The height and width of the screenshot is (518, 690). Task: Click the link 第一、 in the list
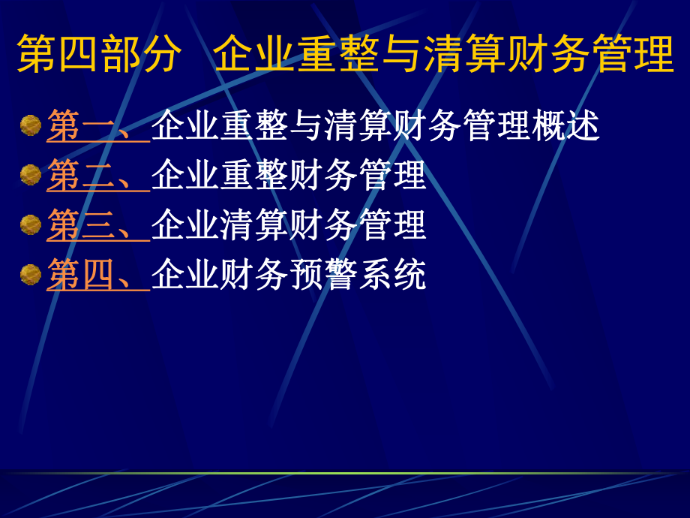(x=97, y=126)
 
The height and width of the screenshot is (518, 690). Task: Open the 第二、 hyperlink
(x=97, y=176)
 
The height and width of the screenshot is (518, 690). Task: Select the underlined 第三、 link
(x=97, y=225)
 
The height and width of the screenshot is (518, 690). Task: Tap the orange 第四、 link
(x=97, y=275)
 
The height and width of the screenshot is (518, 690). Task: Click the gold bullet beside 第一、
(x=31, y=125)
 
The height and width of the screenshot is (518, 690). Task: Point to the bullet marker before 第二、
(x=31, y=175)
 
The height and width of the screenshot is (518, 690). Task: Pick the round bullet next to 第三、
(x=31, y=224)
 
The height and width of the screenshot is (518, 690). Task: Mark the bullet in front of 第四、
(x=31, y=274)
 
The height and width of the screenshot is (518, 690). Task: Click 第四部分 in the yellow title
(x=99, y=53)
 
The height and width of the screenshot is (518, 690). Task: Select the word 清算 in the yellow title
(x=466, y=53)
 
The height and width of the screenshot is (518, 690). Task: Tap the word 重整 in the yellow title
(x=340, y=53)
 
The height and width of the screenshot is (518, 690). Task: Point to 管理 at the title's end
(x=633, y=53)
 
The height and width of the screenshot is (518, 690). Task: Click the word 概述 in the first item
(x=565, y=126)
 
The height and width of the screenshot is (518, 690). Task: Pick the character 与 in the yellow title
(x=403, y=53)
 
